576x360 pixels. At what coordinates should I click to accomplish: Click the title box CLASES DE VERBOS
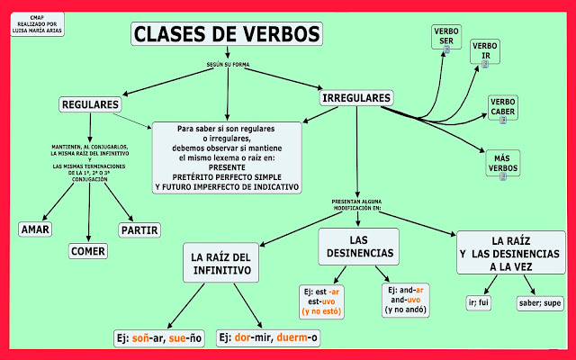click(x=226, y=34)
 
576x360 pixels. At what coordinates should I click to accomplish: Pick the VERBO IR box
click(x=485, y=51)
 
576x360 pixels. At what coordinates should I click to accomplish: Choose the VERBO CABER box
click(x=502, y=107)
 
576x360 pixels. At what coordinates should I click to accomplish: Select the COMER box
click(x=88, y=251)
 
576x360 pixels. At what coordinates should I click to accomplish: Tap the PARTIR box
click(x=139, y=229)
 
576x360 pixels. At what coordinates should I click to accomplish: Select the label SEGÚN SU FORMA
click(x=226, y=66)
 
